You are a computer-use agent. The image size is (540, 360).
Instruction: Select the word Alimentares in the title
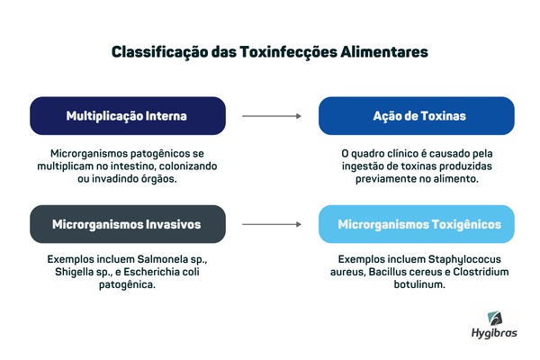tap(384, 52)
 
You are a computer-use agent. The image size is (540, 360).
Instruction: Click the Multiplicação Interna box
tap(128, 116)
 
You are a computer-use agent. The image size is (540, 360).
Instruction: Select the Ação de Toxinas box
tap(417, 116)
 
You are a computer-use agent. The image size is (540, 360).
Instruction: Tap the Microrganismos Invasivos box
tap(128, 224)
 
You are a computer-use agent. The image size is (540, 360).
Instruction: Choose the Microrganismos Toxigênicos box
tap(417, 224)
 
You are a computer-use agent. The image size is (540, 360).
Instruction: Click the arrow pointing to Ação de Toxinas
tap(272, 116)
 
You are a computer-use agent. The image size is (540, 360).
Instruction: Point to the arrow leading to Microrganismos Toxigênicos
tap(272, 224)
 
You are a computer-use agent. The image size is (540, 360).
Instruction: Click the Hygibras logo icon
tap(495, 319)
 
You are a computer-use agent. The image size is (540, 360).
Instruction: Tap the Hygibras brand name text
tap(494, 333)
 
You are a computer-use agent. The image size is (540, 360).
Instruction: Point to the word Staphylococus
tap(464, 260)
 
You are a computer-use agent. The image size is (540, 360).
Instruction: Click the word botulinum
tap(419, 284)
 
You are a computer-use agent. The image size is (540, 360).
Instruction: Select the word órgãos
tap(161, 179)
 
